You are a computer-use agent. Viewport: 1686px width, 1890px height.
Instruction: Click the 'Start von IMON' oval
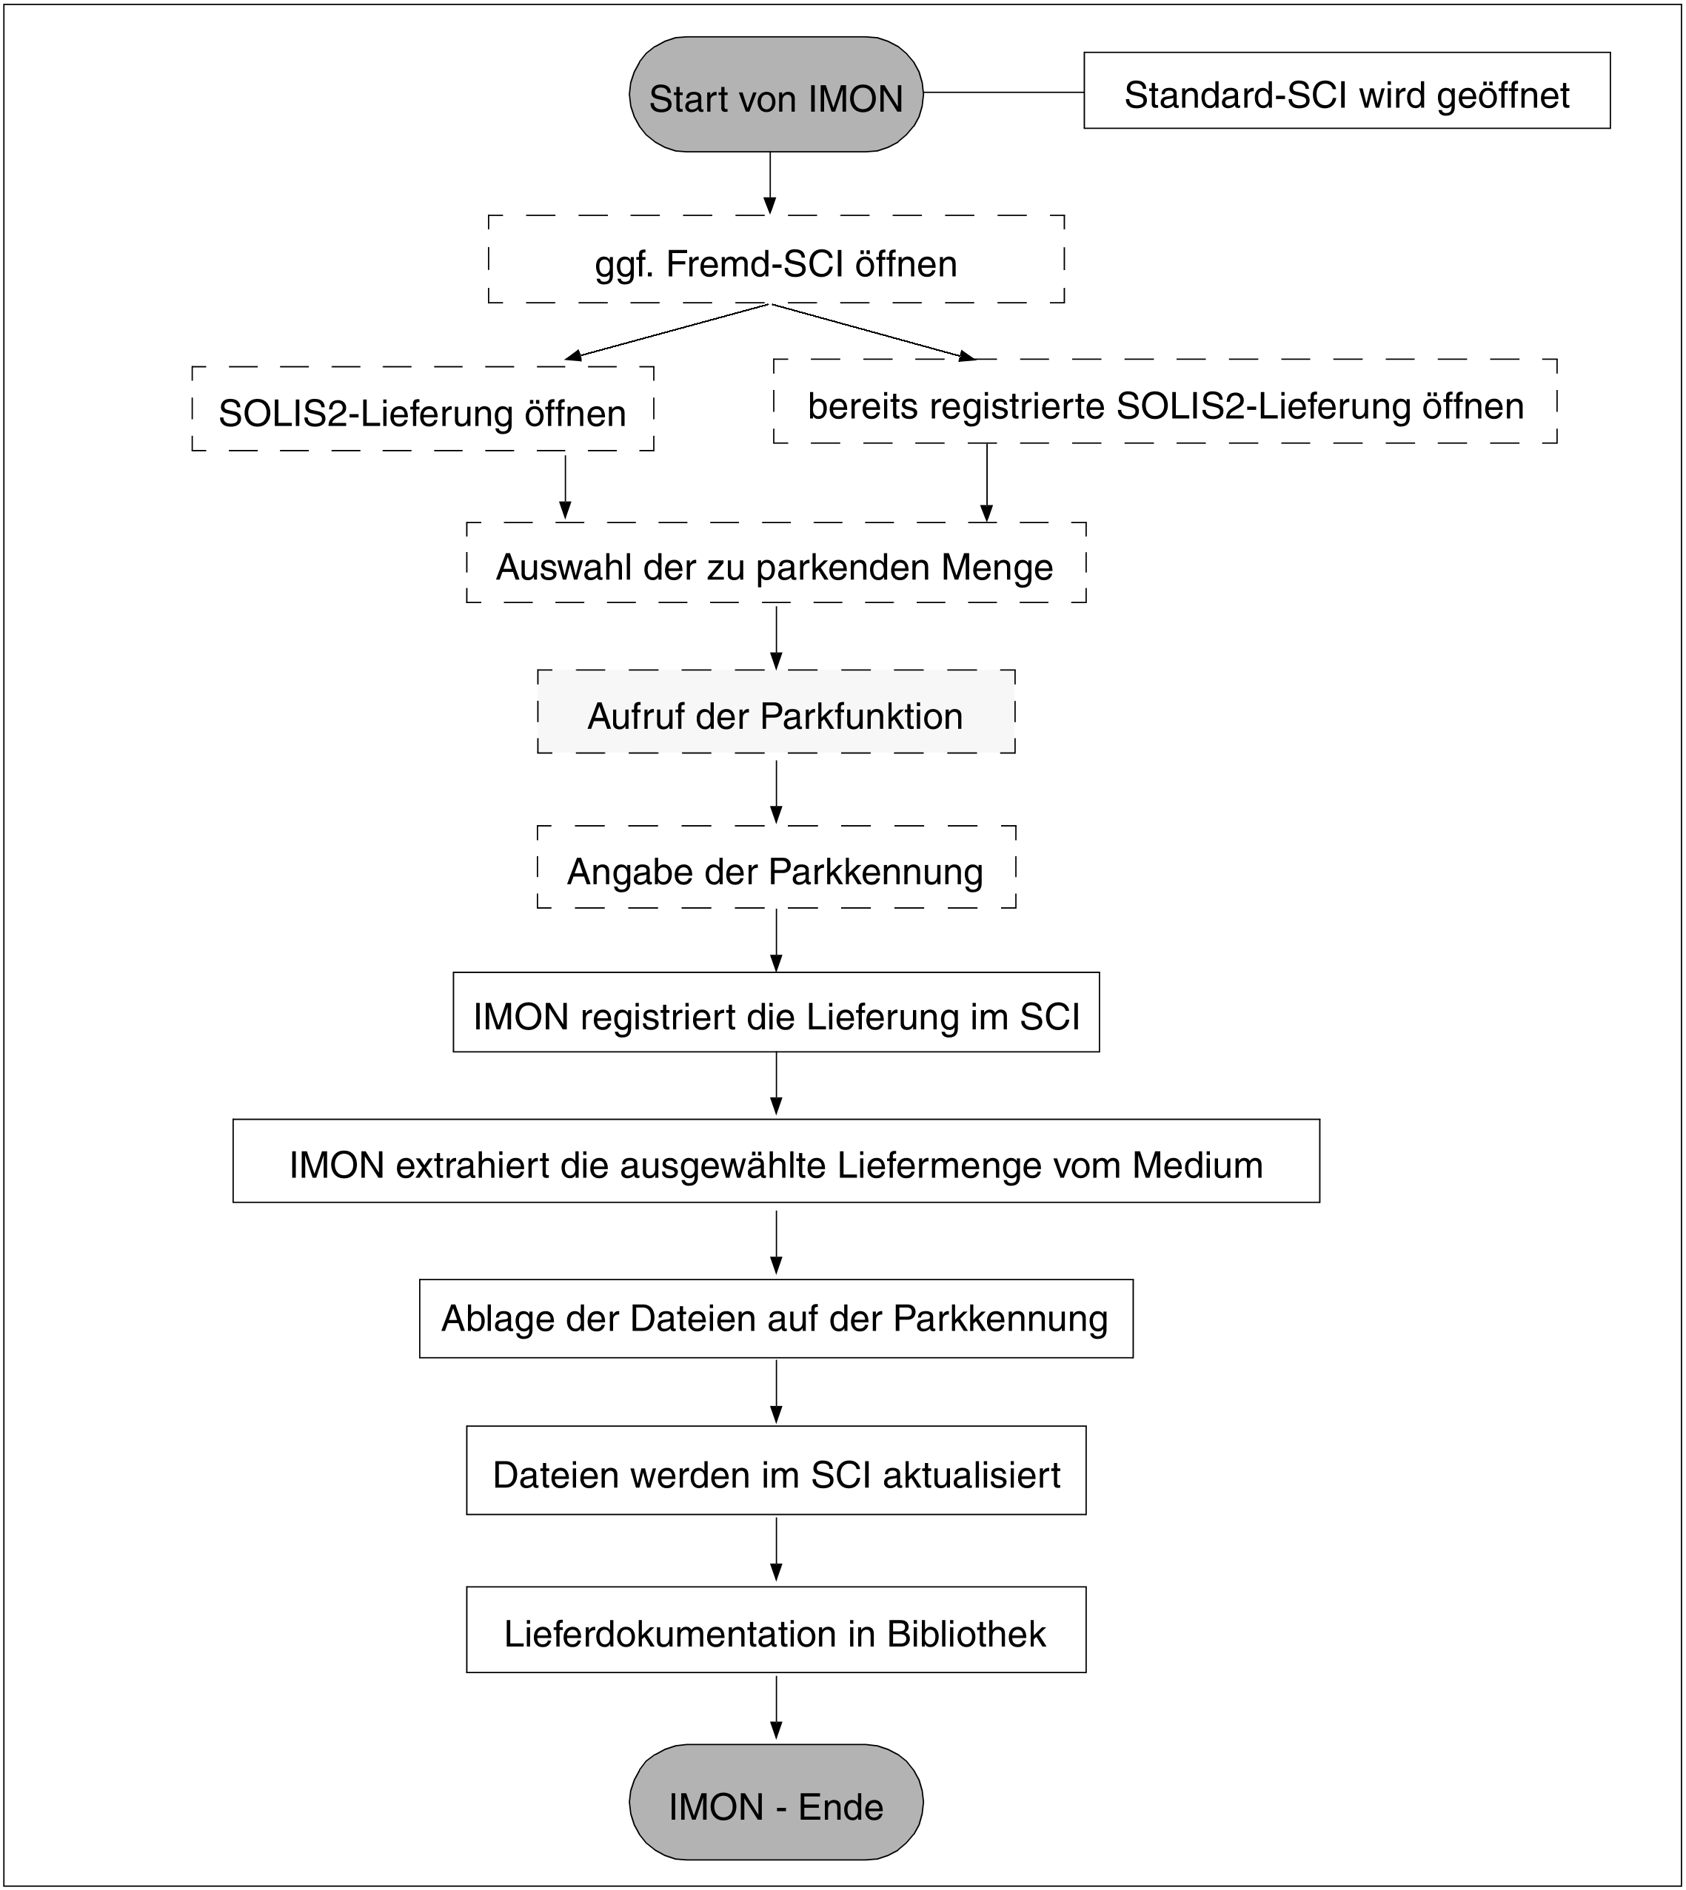click(775, 95)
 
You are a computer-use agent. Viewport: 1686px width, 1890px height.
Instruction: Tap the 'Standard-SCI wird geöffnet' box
click(1346, 91)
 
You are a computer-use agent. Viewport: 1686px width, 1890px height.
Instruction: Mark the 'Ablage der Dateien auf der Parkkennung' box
click(775, 1319)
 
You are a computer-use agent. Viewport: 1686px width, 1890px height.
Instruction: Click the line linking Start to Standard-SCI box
click(1003, 93)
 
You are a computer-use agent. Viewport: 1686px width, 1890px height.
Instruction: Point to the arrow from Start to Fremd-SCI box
click(770, 183)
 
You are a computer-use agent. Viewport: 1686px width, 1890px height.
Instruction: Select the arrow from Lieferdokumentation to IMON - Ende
click(776, 1709)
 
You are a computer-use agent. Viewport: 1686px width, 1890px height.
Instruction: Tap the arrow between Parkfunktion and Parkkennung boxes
click(776, 788)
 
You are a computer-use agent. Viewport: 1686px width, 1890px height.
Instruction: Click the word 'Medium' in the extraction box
click(1197, 1165)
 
